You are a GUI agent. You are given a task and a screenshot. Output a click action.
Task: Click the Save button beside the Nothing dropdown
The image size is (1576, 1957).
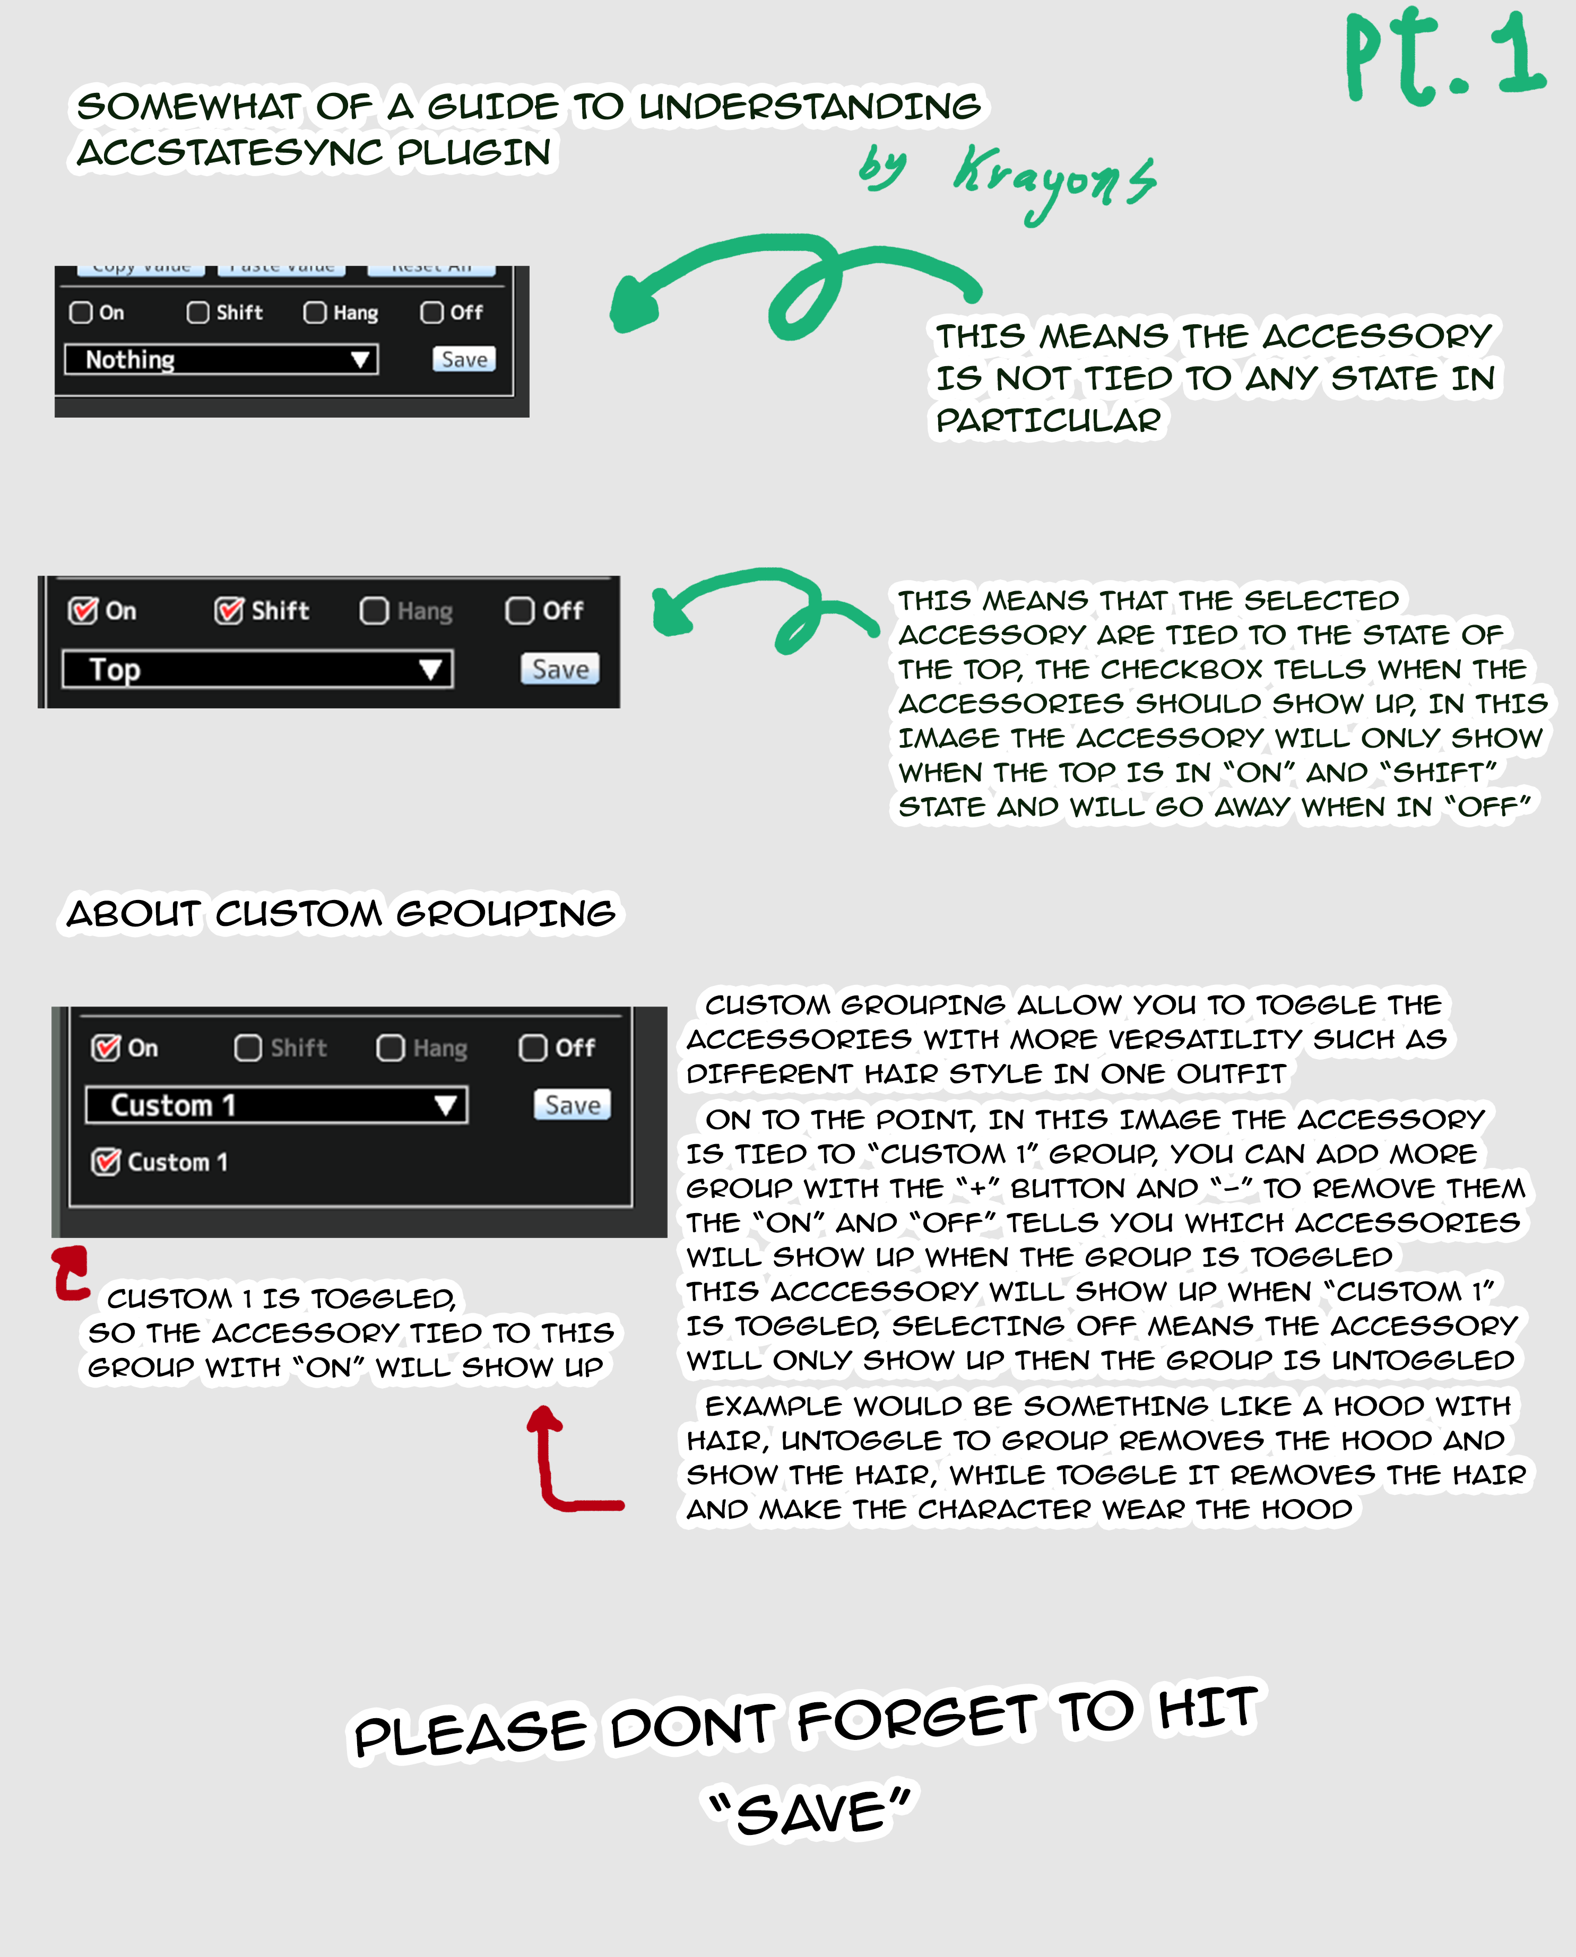[464, 359]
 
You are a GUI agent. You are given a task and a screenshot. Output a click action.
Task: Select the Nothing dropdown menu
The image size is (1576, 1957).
[221, 359]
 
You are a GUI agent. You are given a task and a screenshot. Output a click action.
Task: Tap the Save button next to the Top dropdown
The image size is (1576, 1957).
[560, 669]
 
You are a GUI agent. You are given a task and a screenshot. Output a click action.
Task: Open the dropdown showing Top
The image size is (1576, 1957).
[257, 670]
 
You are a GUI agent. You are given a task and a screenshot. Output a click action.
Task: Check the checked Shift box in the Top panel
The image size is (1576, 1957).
[229, 611]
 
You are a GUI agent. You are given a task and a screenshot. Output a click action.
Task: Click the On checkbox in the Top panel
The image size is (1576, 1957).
[83, 611]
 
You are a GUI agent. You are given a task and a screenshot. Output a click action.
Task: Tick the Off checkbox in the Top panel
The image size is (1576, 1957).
[519, 611]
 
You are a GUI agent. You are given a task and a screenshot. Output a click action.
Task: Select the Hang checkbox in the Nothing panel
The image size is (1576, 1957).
[315, 312]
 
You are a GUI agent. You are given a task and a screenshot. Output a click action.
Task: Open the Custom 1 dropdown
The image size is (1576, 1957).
[276, 1105]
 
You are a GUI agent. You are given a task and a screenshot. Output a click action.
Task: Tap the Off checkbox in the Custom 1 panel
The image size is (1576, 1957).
[533, 1047]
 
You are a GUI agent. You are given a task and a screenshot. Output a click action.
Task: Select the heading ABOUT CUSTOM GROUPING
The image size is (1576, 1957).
[341, 913]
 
